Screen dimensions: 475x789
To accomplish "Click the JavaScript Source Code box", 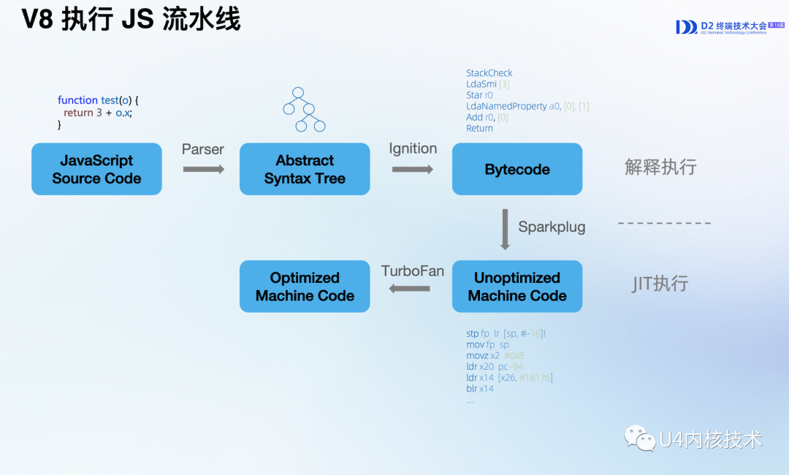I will point(96,169).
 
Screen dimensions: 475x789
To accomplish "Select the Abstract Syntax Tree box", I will point(305,169).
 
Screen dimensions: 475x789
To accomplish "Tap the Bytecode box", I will point(517,169).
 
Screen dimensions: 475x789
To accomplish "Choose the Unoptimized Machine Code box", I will point(517,286).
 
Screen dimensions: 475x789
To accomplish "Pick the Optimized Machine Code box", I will point(305,286).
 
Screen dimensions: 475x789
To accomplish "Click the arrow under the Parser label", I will point(203,170).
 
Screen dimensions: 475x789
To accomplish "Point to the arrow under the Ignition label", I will point(413,170).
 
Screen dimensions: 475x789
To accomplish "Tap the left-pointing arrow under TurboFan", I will point(410,289).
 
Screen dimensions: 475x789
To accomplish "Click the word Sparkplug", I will point(552,227).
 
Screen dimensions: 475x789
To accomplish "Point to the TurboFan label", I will point(413,271).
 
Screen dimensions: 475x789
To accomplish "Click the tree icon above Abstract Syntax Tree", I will point(304,109).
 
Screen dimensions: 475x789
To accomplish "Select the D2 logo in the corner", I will point(687,27).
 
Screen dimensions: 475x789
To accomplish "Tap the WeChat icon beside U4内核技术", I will point(639,438).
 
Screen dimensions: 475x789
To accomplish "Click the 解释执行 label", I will point(660,167).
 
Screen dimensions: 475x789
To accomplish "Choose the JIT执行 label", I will point(660,284).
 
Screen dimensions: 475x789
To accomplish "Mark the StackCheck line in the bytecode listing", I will point(489,73).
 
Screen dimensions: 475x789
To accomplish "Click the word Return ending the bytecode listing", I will point(479,129).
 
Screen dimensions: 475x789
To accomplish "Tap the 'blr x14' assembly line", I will point(480,389).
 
